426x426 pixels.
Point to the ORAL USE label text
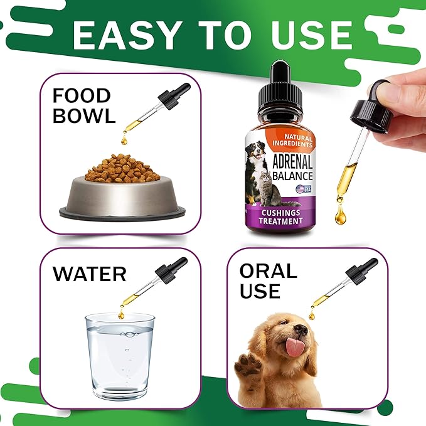268,280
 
